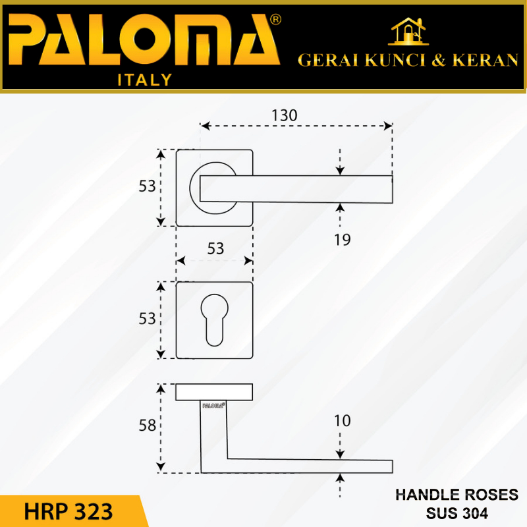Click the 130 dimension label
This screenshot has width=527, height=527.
tap(285, 114)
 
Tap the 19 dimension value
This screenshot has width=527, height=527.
tap(342, 240)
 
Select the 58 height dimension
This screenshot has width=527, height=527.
tap(148, 426)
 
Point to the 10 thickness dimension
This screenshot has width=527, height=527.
tap(343, 420)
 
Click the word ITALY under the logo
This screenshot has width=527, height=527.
tap(144, 80)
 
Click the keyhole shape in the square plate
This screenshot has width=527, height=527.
tap(214, 320)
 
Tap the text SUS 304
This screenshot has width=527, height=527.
tap(456, 511)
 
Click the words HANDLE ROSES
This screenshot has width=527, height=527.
tap(456, 495)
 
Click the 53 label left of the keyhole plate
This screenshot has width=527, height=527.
tap(148, 319)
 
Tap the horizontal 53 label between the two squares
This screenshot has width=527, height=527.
tap(216, 248)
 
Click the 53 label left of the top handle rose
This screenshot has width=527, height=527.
tap(148, 186)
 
